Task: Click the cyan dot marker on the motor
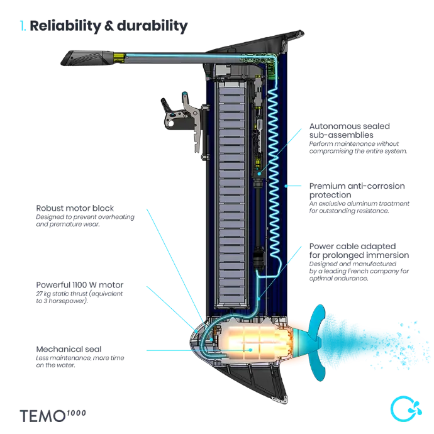pyautogui.click(x=250, y=348)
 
